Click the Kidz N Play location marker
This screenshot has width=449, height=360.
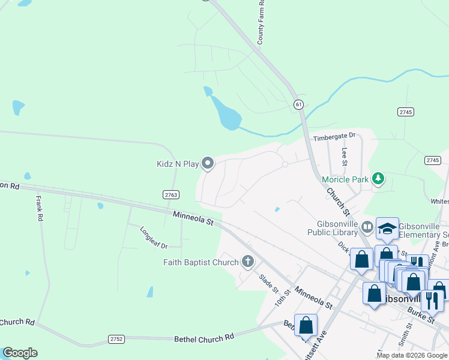[x=208, y=163]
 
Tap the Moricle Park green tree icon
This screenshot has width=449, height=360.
[x=378, y=179]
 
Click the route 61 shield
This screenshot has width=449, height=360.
[x=298, y=104]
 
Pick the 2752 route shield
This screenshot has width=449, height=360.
[x=116, y=339]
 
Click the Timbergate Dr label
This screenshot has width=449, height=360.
[x=334, y=137]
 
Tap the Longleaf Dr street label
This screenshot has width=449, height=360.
[x=153, y=237]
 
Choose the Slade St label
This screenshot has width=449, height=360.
[x=269, y=283]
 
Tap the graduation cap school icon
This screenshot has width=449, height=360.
[x=387, y=228]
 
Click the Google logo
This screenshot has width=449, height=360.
[x=20, y=353]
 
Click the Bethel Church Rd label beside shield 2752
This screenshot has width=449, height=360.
[x=203, y=338]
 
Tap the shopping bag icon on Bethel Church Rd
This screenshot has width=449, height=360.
[x=306, y=325]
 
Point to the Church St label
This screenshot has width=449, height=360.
[x=337, y=202]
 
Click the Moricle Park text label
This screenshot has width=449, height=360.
[x=345, y=179]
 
